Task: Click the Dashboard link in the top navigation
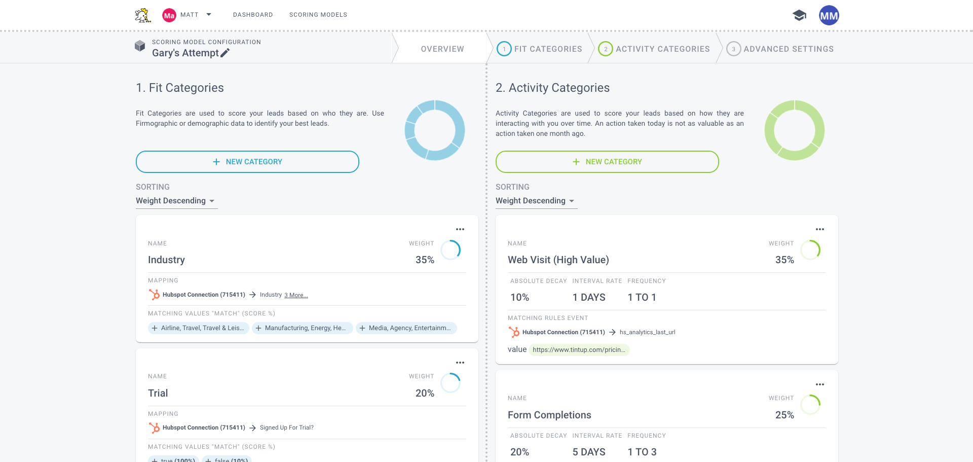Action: coord(253,15)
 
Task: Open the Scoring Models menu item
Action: coord(318,15)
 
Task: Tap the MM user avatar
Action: coord(829,15)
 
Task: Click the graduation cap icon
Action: coord(799,15)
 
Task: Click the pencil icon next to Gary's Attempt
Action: coord(225,53)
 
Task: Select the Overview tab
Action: coord(442,49)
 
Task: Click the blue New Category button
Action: coord(247,162)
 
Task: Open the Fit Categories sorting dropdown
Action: coord(176,201)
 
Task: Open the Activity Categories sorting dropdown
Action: coord(536,201)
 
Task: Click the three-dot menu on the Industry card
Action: coord(460,229)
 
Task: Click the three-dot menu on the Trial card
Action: coord(460,363)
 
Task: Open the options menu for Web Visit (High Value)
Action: coord(820,229)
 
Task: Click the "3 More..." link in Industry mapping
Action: coord(296,295)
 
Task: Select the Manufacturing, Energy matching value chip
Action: coord(302,328)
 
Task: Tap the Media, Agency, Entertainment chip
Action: coord(406,328)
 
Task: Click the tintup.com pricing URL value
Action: coord(579,350)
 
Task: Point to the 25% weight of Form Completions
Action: coord(784,415)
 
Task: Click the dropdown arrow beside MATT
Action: coord(209,15)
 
